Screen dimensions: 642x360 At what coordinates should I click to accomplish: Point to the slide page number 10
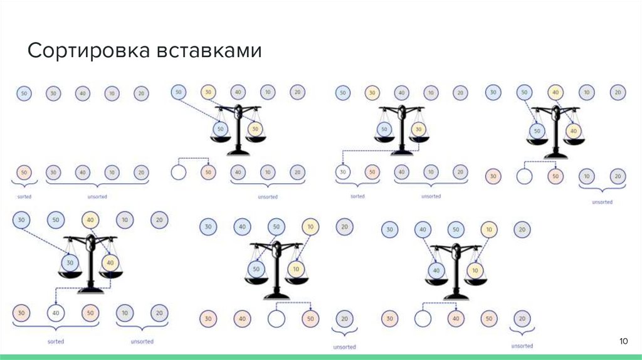tap(623, 341)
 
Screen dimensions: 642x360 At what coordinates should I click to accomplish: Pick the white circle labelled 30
tap(342, 171)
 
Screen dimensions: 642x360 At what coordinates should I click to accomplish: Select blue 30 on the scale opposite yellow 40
tap(70, 262)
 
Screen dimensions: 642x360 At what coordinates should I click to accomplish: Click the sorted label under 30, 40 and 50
tap(56, 341)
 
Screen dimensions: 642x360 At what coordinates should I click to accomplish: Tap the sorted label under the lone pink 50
tap(24, 196)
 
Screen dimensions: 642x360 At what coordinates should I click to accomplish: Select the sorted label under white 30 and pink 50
tap(357, 196)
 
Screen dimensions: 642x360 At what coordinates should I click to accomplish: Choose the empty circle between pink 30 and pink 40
tap(423, 319)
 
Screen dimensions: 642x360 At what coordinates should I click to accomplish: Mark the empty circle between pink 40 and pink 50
tap(276, 319)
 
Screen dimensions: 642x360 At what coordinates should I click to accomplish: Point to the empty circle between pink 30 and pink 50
tap(524, 177)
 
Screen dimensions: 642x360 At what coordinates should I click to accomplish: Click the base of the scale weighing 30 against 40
tap(90, 290)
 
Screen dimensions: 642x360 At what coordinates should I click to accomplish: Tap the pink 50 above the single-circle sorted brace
tap(24, 172)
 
